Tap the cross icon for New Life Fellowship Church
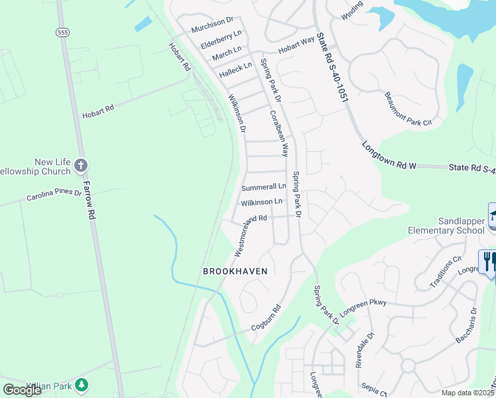(x=81, y=165)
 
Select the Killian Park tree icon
(x=82, y=384)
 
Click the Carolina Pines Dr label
(x=53, y=196)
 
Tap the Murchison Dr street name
(x=213, y=29)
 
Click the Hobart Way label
(x=296, y=44)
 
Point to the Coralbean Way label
(x=279, y=133)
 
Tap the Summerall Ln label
(x=263, y=187)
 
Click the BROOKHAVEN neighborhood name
(x=235, y=271)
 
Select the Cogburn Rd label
(x=267, y=318)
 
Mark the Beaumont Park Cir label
(x=408, y=109)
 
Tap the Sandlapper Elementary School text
(x=442, y=226)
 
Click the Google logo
(x=23, y=390)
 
